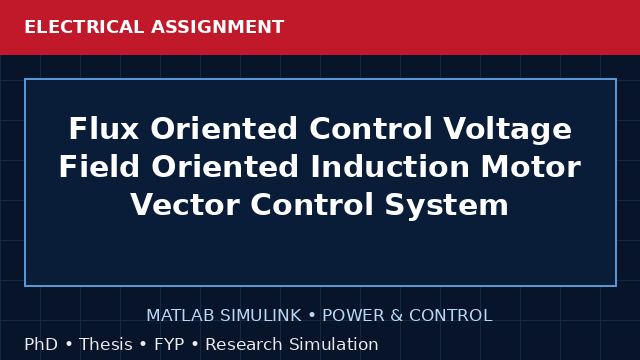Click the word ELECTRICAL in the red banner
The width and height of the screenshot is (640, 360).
[84, 27]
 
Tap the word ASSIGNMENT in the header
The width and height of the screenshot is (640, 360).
[218, 27]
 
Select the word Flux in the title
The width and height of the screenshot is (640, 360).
[104, 129]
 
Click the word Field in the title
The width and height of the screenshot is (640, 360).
[99, 167]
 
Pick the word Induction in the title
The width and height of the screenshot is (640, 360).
[390, 167]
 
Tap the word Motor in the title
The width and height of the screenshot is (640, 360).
[531, 167]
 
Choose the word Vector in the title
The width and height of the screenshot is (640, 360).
[185, 205]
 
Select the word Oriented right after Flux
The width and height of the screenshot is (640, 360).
[224, 129]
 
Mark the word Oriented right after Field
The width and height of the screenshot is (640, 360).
[225, 167]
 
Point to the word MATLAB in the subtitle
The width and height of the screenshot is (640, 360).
[180, 316]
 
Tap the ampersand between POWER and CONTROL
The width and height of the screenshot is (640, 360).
[397, 316]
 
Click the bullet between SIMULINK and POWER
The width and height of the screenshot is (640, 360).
[312, 316]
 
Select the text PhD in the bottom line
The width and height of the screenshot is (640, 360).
[41, 344]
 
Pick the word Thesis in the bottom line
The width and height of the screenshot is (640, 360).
[106, 344]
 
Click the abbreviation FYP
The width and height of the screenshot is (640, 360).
[169, 344]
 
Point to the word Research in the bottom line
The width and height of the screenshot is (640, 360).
[244, 344]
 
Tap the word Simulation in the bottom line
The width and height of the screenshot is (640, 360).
[334, 344]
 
